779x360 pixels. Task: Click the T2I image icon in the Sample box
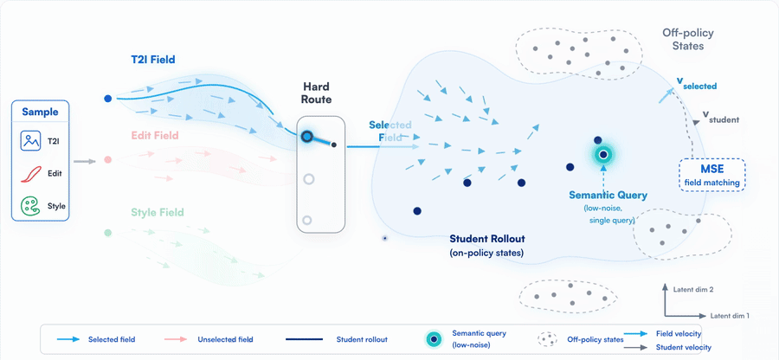(x=30, y=140)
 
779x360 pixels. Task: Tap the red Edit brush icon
(x=31, y=174)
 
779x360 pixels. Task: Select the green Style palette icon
(x=30, y=206)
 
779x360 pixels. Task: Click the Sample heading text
(x=40, y=112)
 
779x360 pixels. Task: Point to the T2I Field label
(x=150, y=60)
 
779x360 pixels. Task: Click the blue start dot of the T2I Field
(x=108, y=99)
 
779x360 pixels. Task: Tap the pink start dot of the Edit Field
(x=108, y=160)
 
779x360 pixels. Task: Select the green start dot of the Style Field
(x=108, y=233)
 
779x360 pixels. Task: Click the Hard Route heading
(x=318, y=93)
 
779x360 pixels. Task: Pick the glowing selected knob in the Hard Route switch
(x=307, y=136)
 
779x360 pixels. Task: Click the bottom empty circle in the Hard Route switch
(x=307, y=220)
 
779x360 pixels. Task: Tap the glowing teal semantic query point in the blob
(x=603, y=155)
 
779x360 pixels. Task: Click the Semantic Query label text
(x=608, y=196)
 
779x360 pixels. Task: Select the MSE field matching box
(x=712, y=175)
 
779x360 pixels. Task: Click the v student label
(x=720, y=117)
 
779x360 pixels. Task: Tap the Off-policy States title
(x=688, y=39)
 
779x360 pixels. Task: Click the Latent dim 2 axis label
(x=693, y=288)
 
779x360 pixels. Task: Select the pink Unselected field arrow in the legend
(x=176, y=339)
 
